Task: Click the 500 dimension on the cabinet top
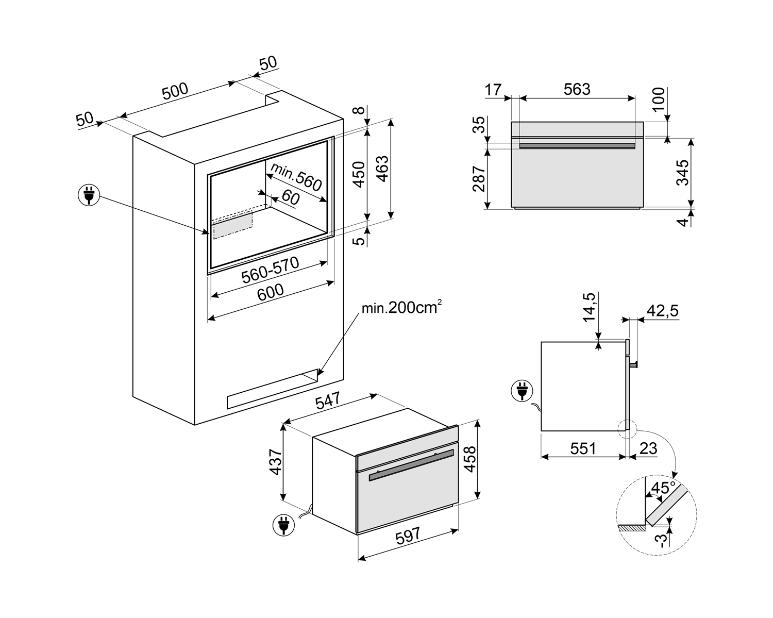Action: click(x=175, y=91)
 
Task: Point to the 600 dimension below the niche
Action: click(x=271, y=291)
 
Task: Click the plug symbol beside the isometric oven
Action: click(x=283, y=525)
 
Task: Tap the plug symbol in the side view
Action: click(x=522, y=390)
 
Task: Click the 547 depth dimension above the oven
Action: click(x=328, y=402)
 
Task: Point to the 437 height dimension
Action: click(x=275, y=462)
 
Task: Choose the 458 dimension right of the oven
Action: click(x=469, y=459)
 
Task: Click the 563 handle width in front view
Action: click(x=577, y=89)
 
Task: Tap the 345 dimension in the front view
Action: click(x=682, y=173)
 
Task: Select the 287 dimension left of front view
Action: click(x=479, y=178)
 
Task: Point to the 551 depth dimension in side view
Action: click(x=583, y=448)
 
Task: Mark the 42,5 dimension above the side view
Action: click(x=662, y=311)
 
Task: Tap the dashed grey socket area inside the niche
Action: click(x=233, y=226)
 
